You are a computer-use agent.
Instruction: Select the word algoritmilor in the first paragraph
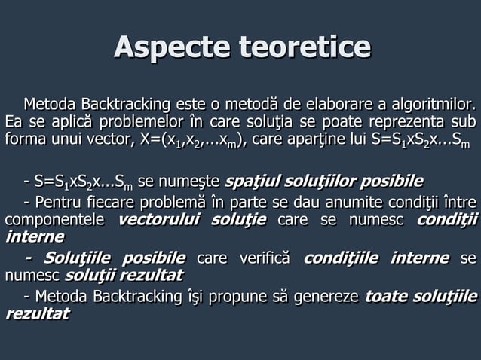[435, 103]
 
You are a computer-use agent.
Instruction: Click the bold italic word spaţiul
[253, 182]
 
